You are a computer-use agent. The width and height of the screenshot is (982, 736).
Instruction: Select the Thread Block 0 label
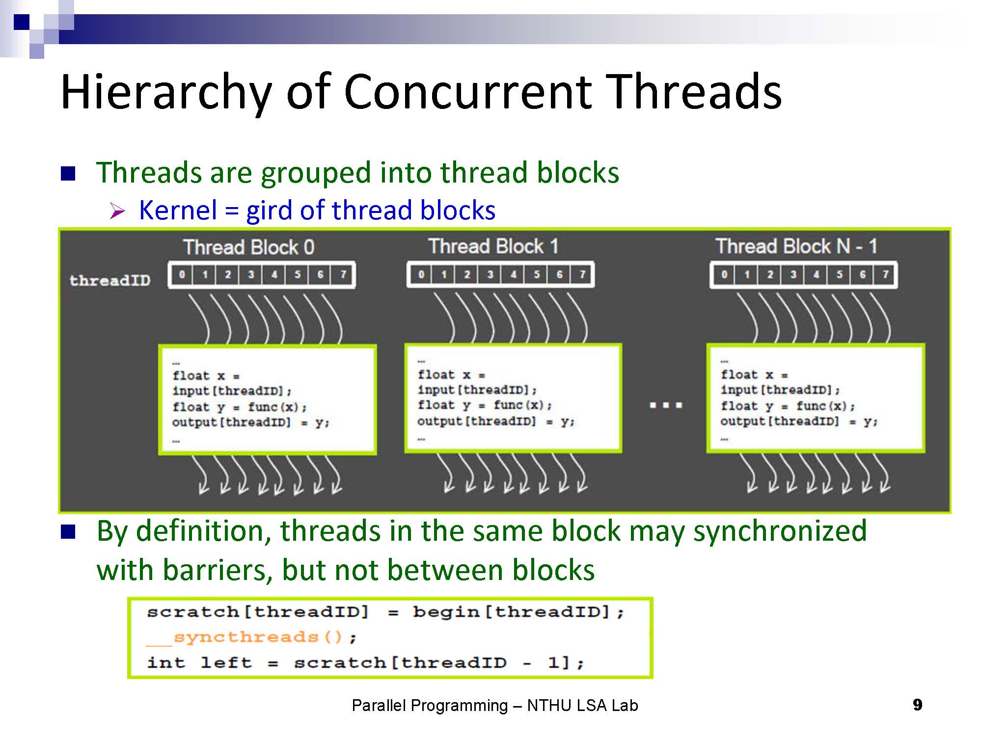tap(249, 247)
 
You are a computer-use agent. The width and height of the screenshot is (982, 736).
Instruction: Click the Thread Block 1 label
tap(493, 246)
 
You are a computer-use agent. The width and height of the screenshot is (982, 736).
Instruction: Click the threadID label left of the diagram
tap(110, 280)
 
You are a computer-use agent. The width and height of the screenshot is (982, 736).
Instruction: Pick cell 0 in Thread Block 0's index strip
tap(182, 275)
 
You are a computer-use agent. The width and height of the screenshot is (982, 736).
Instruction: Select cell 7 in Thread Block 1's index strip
tap(582, 275)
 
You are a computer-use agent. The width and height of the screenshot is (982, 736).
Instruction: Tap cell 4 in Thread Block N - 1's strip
tap(816, 275)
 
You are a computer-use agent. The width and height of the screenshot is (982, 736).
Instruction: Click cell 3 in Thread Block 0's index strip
tap(251, 275)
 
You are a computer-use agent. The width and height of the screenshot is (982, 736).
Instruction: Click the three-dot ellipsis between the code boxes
tap(665, 405)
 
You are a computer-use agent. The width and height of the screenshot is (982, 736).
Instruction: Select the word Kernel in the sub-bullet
tap(178, 210)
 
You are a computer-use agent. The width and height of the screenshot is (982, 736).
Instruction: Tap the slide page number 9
tap(917, 705)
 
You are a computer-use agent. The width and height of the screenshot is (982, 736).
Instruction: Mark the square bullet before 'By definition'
tap(68, 531)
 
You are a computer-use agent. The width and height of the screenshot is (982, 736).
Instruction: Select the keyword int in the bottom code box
tap(166, 663)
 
